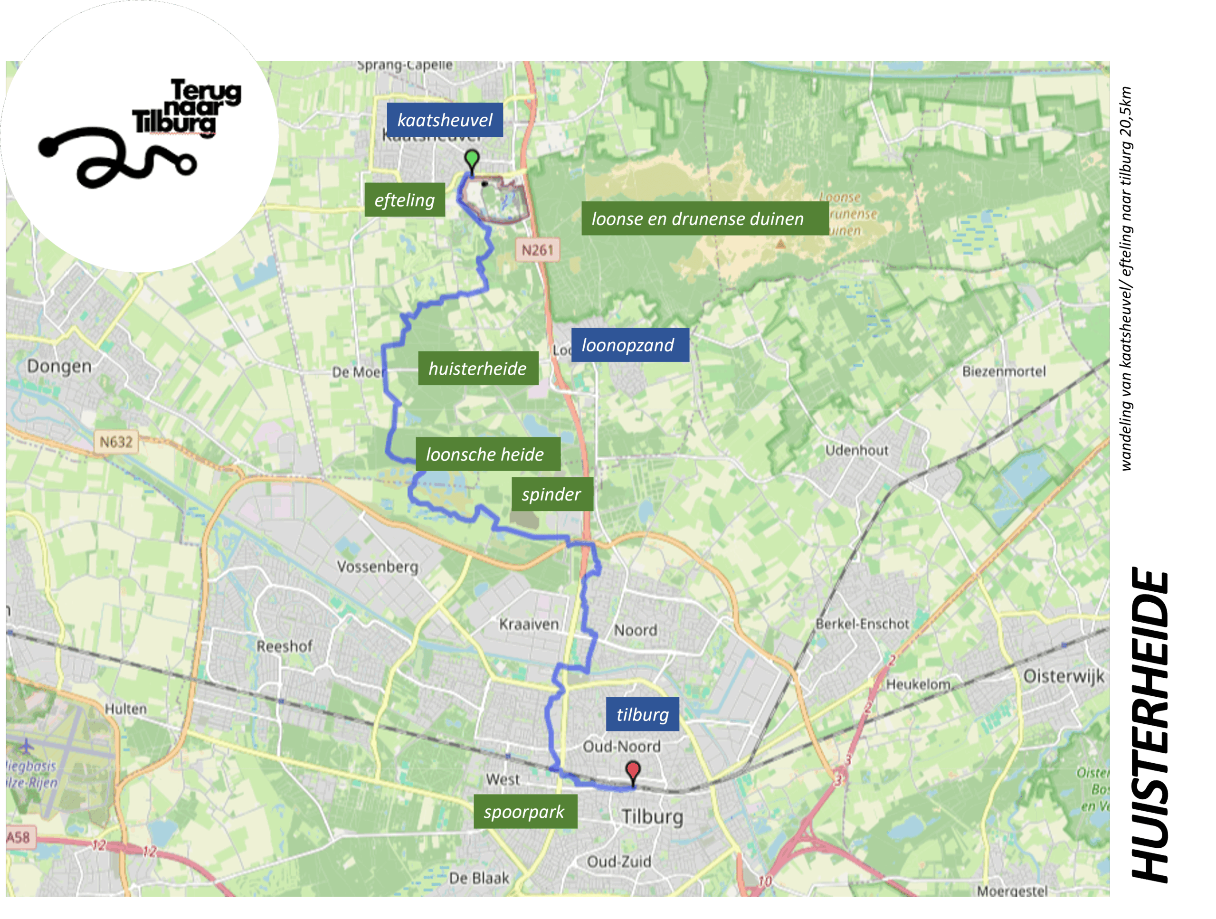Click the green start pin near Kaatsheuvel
(472, 160)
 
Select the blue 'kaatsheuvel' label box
(445, 120)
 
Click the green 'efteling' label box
(405, 199)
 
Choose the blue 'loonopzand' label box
(629, 345)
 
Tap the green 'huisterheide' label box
(478, 368)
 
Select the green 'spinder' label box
(552, 494)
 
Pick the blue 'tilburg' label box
(642, 714)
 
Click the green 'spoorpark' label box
(525, 811)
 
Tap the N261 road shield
(537, 250)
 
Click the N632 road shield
(116, 442)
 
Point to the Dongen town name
(59, 366)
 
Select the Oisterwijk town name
(1063, 675)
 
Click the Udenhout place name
(856, 450)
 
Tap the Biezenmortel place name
(1004, 371)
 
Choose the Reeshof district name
(284, 646)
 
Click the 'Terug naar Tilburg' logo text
(187, 107)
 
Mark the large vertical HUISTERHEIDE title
(1150, 726)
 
